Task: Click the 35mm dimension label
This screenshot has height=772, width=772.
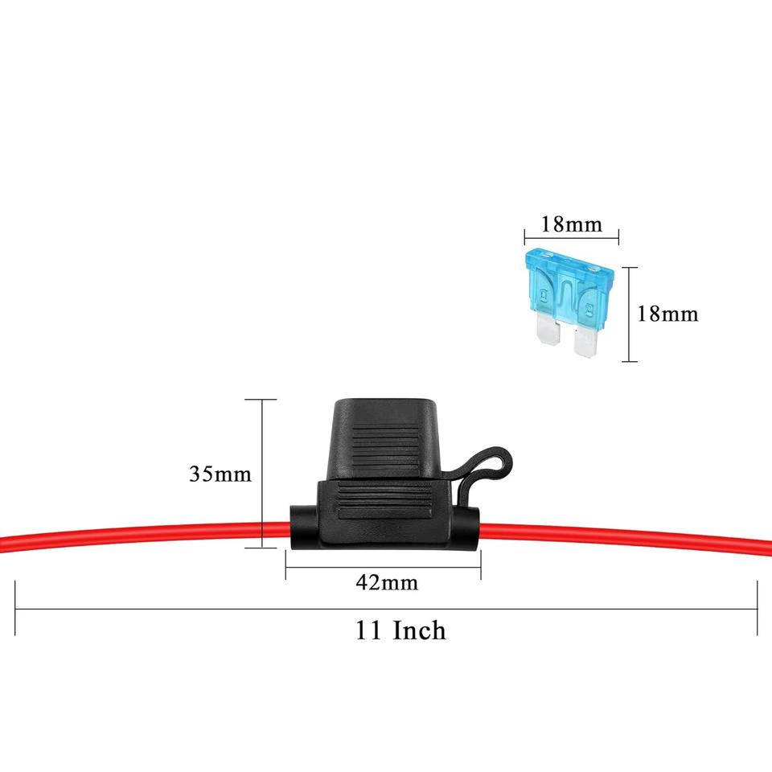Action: (x=220, y=474)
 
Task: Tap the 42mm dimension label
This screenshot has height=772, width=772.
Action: (x=387, y=582)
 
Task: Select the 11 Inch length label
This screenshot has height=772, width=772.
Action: (x=400, y=630)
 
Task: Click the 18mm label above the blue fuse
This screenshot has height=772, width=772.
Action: (x=571, y=224)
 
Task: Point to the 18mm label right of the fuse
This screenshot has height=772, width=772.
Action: (x=667, y=313)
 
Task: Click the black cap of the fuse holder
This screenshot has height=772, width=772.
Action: (x=385, y=435)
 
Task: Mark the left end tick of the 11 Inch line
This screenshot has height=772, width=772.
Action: (x=15, y=609)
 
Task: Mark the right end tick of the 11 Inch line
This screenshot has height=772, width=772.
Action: (x=757, y=609)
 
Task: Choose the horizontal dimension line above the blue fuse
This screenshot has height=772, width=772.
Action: (x=571, y=236)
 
